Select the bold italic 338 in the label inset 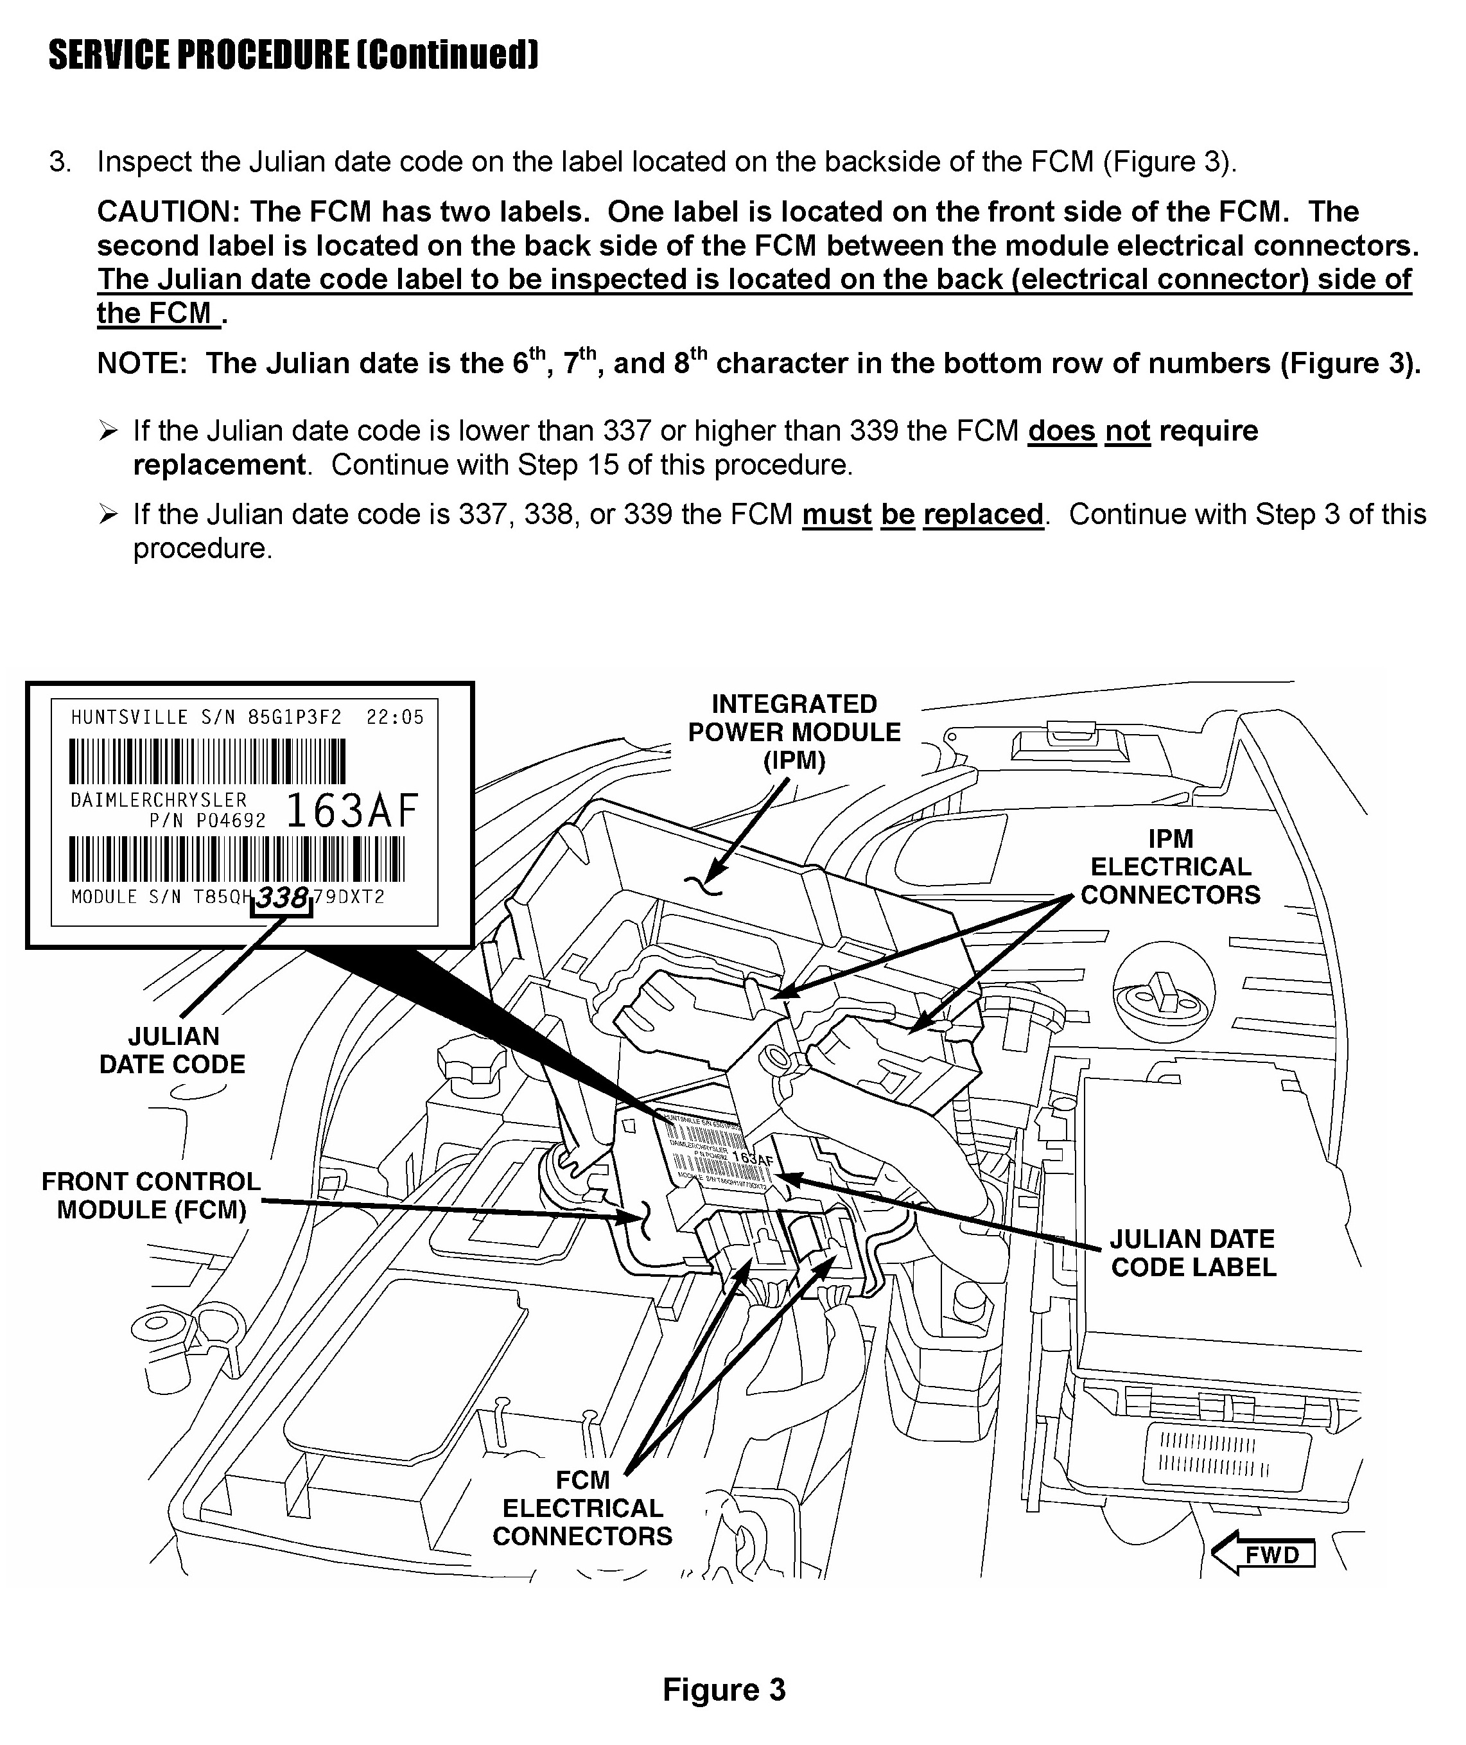point(283,898)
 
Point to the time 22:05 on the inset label point(395,717)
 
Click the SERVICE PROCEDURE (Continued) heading point(293,55)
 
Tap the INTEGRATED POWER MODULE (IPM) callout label point(794,732)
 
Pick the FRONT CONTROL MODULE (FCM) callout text point(152,1195)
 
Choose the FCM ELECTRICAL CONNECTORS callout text point(582,1508)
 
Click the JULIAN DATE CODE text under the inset point(173,1050)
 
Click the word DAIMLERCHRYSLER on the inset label point(159,800)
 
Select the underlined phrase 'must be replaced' point(923,514)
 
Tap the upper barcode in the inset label point(208,762)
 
